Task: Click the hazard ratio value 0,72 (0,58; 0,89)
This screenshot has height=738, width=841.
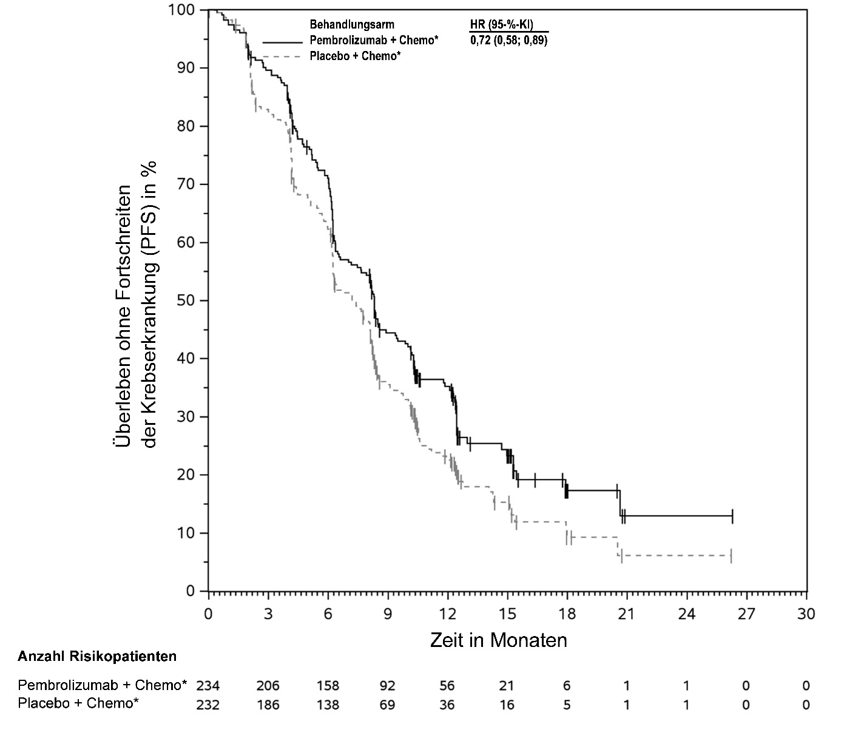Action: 508,41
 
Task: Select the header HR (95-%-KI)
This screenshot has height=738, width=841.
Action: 501,25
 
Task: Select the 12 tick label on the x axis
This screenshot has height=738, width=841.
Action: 447,614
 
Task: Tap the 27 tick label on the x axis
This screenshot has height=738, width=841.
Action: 746,614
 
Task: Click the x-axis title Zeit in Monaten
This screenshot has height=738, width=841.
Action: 498,640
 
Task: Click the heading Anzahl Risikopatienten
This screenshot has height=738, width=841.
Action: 97,656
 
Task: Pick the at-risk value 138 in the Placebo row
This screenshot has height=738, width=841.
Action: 328,705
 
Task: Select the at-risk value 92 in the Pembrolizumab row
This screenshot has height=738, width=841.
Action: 387,686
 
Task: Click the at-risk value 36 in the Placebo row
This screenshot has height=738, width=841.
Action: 447,705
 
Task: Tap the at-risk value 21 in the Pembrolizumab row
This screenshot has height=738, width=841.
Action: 507,686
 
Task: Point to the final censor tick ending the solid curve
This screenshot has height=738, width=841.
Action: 732,516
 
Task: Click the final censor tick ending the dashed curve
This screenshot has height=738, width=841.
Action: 731,555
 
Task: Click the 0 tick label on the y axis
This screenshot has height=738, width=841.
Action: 191,591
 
